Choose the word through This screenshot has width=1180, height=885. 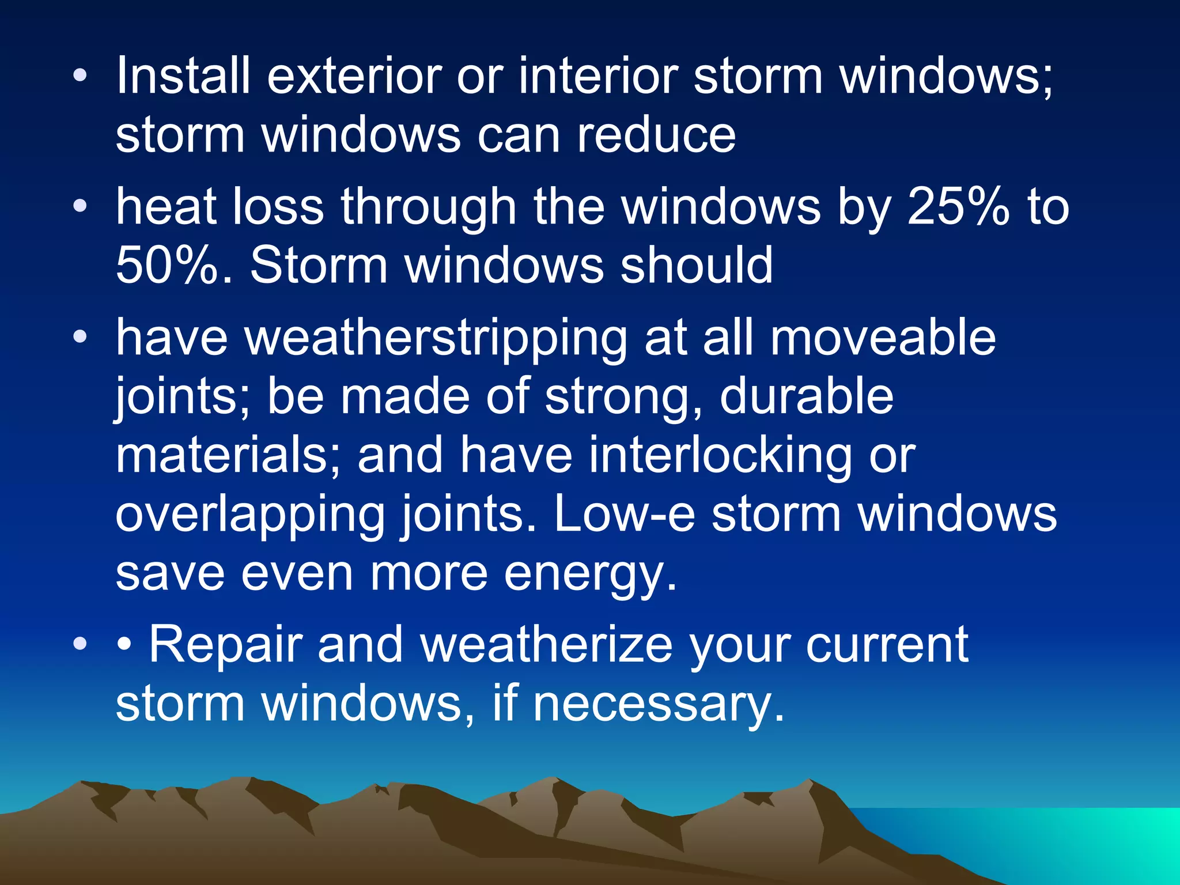[x=428, y=207]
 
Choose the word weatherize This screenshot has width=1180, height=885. [x=546, y=645]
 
